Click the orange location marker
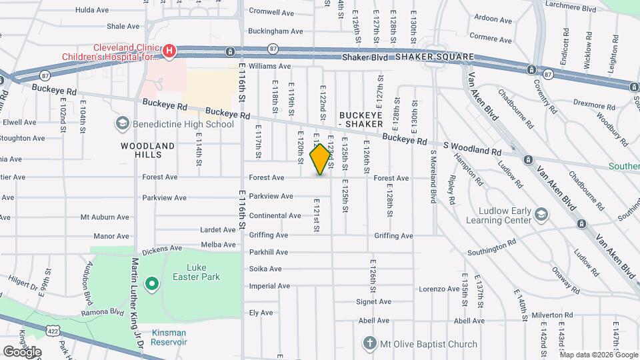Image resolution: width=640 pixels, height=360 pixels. [x=321, y=159]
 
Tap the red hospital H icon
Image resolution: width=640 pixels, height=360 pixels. [x=170, y=50]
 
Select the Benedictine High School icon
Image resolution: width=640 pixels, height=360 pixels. [x=123, y=123]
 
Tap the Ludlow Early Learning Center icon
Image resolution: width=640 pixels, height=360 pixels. [x=541, y=214]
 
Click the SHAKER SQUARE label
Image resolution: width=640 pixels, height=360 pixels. [x=434, y=57]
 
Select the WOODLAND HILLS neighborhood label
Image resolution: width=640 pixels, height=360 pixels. [x=148, y=149]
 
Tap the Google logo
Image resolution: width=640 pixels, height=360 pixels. [x=22, y=351]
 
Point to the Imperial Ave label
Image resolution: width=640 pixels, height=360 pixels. [x=269, y=286]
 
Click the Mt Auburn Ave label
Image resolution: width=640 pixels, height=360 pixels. [x=105, y=217]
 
